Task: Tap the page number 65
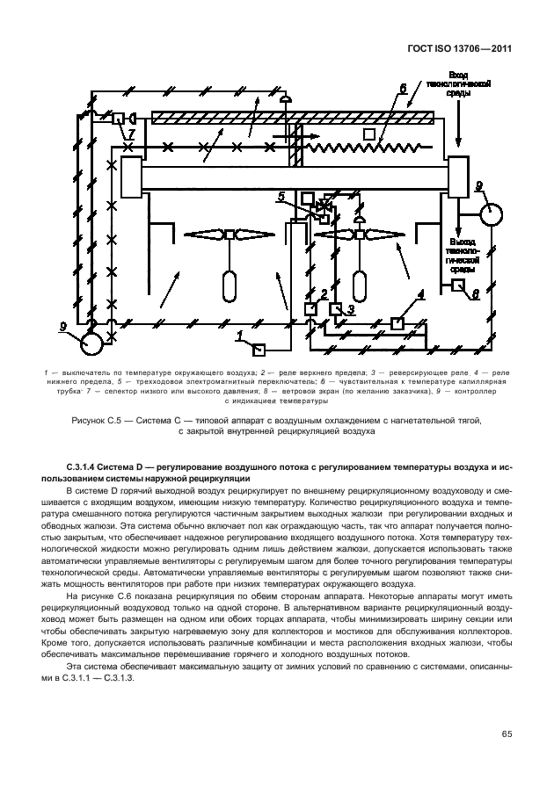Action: click(x=507, y=733)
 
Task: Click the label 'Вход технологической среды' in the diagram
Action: click(x=457, y=86)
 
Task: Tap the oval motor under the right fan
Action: click(x=360, y=286)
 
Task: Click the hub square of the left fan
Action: click(x=231, y=234)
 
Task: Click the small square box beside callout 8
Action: click(x=458, y=285)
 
